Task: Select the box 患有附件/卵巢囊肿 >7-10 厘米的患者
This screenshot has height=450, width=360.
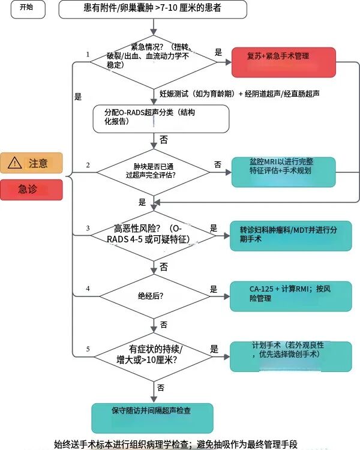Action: tap(153, 9)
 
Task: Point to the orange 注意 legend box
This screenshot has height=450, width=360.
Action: tap(31, 163)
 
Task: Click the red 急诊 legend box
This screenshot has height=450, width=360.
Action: tap(31, 189)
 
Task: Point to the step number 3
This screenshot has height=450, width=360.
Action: tap(88, 228)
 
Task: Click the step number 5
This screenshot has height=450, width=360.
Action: tap(88, 349)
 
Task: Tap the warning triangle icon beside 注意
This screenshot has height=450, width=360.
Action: tap(14, 163)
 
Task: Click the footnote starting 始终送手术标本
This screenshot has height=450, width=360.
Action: tap(176, 444)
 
